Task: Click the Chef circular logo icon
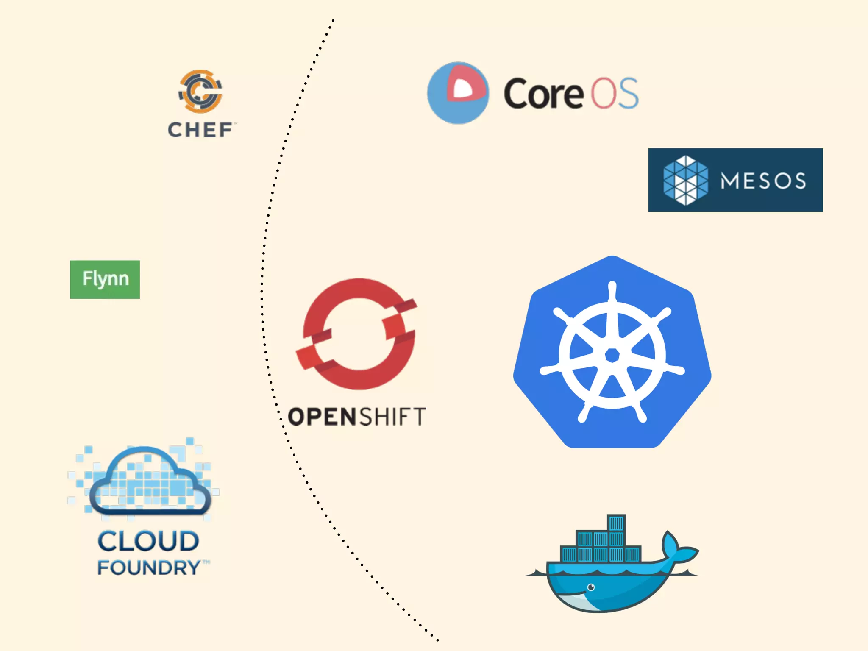coord(200,91)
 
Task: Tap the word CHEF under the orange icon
coord(200,130)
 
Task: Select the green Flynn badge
coord(105,279)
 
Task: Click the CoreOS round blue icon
coord(458,93)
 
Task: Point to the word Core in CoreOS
coord(543,94)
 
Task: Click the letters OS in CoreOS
coord(615,93)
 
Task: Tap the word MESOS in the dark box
coord(763,181)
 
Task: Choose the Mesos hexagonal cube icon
coord(685,180)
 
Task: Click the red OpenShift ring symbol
coord(358,334)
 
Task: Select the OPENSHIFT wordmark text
coord(357,417)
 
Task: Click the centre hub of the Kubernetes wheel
coord(612,355)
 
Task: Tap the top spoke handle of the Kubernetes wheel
coord(612,290)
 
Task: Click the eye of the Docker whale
coord(591,587)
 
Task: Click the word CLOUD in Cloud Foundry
coord(148,541)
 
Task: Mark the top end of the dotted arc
coord(333,20)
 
